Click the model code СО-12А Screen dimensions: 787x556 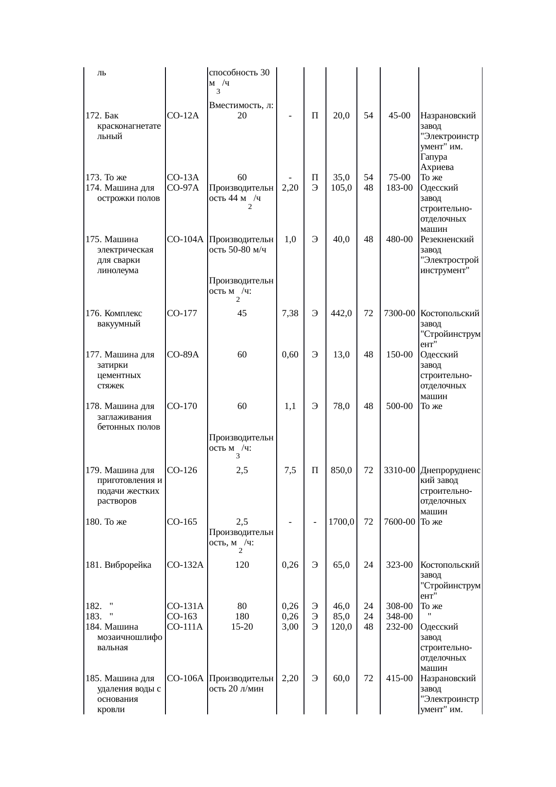coord(182,116)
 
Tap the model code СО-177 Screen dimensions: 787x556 coord(182,313)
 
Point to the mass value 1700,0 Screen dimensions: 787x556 coord(341,522)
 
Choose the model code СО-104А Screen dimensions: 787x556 coord(185,239)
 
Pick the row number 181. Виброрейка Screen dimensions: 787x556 coord(118,565)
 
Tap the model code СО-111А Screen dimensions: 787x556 coord(185,627)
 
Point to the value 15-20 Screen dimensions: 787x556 coord(242,627)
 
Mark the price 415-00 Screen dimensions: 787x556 coord(399,678)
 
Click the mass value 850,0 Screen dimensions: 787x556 coord(341,470)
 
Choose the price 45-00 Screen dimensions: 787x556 coord(399,116)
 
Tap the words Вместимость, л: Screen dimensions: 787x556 coord(242,105)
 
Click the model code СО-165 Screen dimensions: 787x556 coord(182,522)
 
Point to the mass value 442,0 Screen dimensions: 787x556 coord(341,313)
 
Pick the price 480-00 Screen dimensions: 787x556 coord(399,239)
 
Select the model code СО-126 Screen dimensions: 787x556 coord(182,470)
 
